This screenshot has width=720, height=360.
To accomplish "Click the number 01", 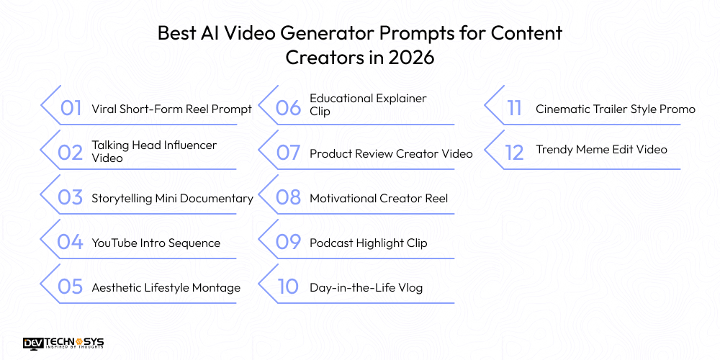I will click(71, 109).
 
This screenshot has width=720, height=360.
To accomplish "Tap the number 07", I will click(288, 153).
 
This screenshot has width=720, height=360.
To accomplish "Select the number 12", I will click(513, 153).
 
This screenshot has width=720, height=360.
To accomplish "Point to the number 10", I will click(287, 287).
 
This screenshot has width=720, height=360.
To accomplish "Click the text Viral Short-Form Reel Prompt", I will click(171, 109).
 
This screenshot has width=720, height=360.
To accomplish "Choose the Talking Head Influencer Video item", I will click(153, 151).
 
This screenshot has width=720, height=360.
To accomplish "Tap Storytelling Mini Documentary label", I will click(172, 198).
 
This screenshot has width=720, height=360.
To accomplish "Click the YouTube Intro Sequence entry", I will click(156, 243).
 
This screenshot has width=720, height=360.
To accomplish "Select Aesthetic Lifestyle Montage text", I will click(166, 287).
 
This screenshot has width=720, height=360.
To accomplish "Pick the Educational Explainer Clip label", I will click(368, 104).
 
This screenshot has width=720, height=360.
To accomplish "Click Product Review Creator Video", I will click(391, 153).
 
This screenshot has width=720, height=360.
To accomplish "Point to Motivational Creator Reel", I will click(379, 198).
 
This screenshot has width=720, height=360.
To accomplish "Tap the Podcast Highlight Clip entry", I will click(368, 243).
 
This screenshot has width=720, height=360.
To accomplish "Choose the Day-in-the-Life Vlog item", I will click(366, 287).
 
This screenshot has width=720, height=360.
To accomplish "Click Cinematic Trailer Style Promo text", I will click(616, 109).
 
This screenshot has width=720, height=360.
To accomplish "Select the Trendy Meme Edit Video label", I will click(601, 150).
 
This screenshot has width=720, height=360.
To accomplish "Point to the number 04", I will click(71, 243).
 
